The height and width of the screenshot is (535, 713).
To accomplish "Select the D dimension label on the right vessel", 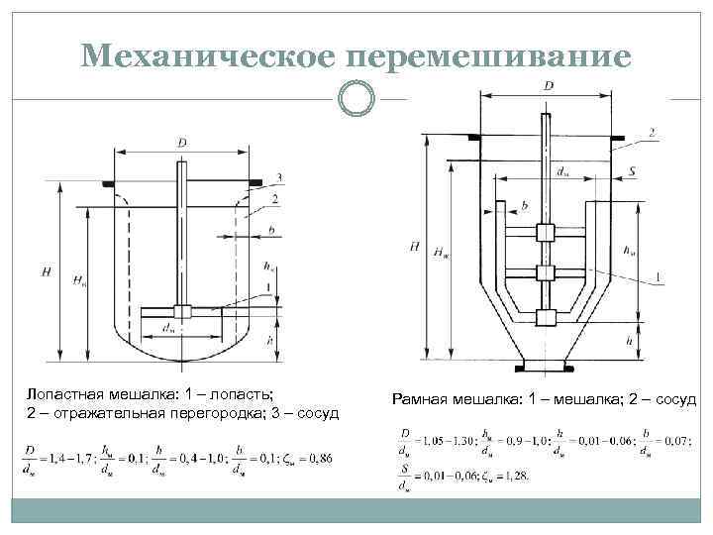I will click(549, 87).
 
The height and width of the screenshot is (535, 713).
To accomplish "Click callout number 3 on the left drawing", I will click(281, 176).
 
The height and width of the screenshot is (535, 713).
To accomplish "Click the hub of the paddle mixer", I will click(181, 311).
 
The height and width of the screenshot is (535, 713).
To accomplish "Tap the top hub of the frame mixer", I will click(544, 234).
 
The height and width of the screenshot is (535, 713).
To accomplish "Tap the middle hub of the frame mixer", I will click(544, 273).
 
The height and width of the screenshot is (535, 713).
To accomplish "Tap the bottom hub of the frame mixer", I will click(544, 318).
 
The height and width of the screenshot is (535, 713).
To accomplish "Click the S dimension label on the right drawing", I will click(632, 172).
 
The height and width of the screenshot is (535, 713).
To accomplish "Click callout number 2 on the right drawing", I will click(652, 131).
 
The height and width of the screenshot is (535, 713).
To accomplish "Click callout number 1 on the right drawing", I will click(659, 275).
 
